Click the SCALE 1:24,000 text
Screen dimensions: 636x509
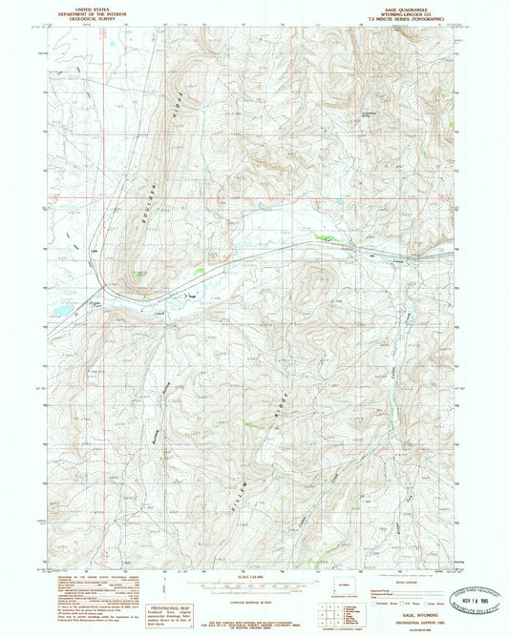(x=254, y=577)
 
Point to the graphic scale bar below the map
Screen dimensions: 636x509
(x=254, y=584)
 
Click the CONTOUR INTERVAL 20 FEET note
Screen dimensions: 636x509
(x=254, y=593)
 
